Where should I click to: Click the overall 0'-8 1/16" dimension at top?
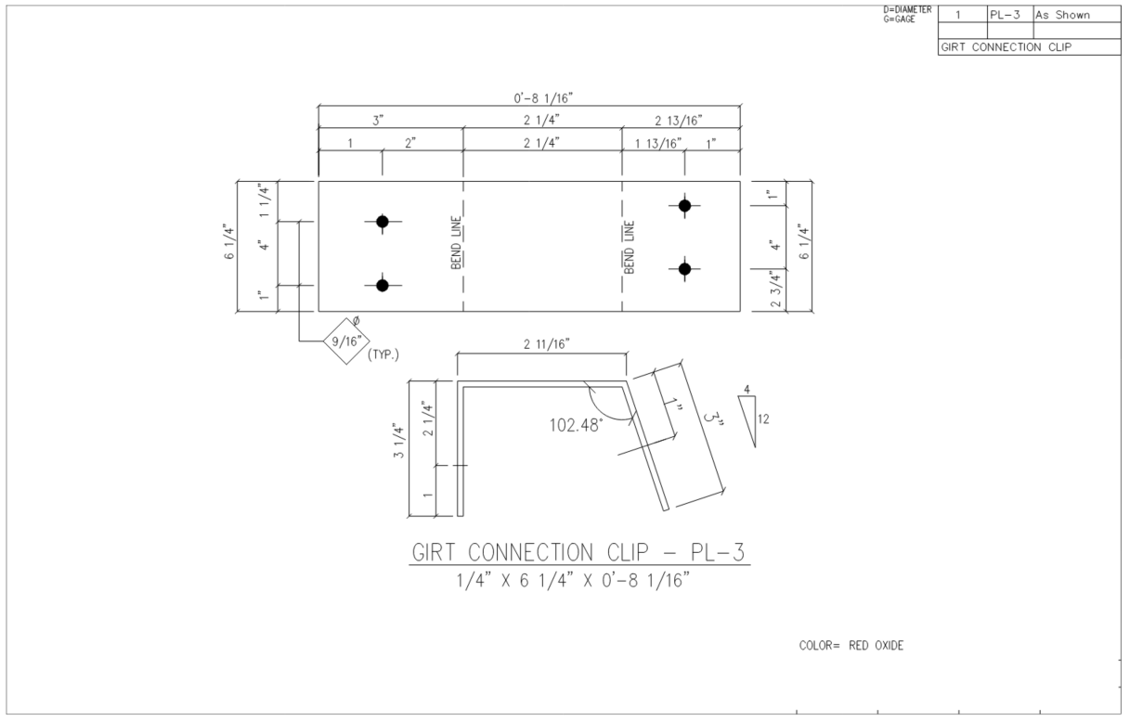click(543, 97)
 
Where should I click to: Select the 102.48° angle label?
click(576, 425)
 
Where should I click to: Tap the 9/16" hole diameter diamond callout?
click(346, 341)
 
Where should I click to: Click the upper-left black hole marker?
click(383, 222)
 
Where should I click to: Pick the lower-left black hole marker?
click(383, 286)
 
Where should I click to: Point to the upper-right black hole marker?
click(684, 206)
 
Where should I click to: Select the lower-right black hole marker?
click(684, 269)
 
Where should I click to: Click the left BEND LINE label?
click(456, 242)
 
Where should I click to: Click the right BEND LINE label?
click(629, 247)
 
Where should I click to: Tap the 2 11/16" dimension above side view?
click(547, 344)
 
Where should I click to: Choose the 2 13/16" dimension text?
click(679, 121)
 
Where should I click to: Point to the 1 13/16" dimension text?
click(657, 144)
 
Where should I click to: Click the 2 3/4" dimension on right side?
click(776, 289)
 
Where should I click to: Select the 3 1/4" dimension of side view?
click(398, 441)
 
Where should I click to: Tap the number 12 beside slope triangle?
click(763, 419)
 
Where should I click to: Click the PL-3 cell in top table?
click(1005, 15)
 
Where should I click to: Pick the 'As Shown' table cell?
click(1063, 15)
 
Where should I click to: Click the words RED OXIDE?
click(877, 645)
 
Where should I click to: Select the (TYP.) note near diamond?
click(383, 355)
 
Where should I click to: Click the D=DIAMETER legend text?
click(907, 9)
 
